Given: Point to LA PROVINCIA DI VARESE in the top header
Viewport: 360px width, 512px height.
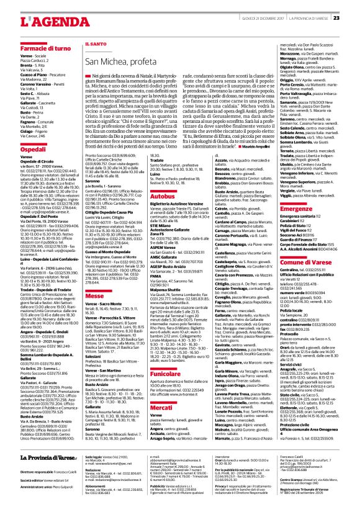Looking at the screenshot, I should click(x=308, y=17).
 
